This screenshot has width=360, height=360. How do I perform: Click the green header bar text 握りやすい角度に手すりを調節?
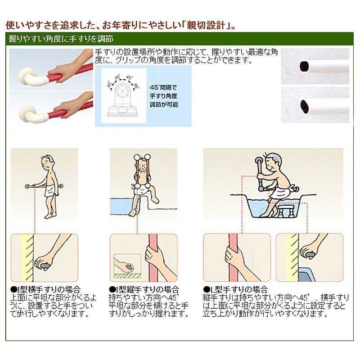61,39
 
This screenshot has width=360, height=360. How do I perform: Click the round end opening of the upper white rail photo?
304,66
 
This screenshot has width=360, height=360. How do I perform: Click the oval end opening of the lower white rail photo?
304,106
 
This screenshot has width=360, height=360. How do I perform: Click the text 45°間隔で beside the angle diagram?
163,87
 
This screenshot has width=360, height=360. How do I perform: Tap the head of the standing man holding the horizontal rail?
48,162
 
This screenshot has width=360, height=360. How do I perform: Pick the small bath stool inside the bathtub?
286,211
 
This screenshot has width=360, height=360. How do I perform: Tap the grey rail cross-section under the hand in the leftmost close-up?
44,266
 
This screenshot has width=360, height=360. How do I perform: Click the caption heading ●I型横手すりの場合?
45,289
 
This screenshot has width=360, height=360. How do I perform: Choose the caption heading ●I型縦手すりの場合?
144,289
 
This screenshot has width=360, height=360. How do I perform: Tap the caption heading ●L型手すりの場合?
235,289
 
